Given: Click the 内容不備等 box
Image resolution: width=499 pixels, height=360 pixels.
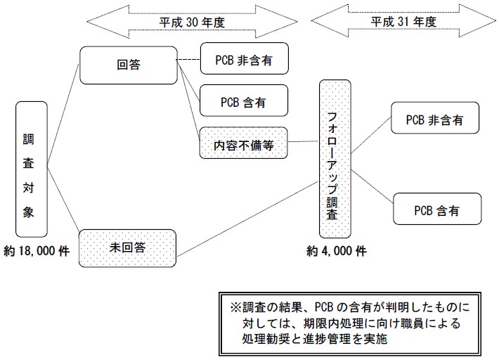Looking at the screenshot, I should (x=243, y=144).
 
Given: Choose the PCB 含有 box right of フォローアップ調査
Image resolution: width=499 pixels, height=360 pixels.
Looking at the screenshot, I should (x=437, y=210).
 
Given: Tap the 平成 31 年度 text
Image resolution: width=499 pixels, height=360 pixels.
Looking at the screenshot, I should (x=403, y=21).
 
